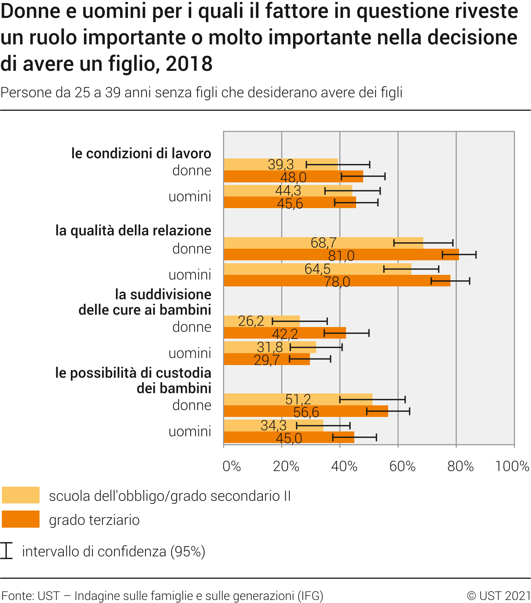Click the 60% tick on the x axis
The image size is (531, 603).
coord(402,467)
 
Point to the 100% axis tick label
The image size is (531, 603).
coord(512,467)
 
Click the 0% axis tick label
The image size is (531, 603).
coord(232,467)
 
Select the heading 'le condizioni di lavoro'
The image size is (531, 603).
coord(141,153)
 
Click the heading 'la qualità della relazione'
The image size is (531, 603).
coord(133,230)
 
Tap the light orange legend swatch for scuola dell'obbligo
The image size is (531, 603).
coord(21,495)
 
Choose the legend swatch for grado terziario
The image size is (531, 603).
coord(21,519)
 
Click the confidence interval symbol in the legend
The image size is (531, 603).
coord(6,551)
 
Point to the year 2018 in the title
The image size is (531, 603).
coord(189,64)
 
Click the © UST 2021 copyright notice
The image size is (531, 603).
coord(499,596)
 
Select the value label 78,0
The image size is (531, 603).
coord(337,282)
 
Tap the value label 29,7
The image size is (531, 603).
coord(267,360)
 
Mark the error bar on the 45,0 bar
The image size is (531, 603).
coord(355,437)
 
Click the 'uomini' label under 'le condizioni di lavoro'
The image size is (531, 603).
coord(190,197)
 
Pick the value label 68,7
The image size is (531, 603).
coord(324,243)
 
